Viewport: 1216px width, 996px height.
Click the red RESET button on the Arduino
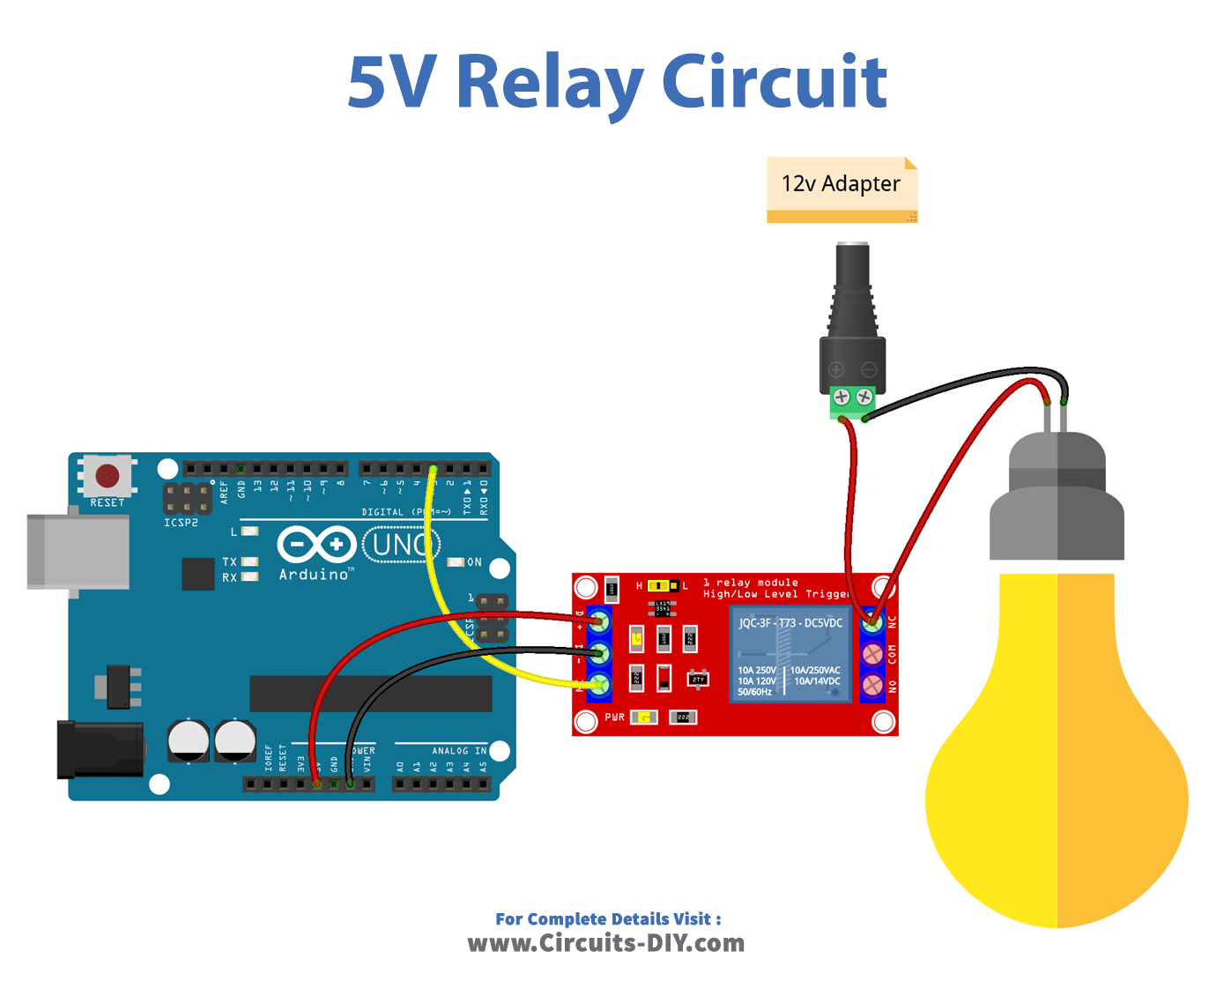coord(108,476)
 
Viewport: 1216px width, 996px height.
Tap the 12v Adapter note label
coord(842,184)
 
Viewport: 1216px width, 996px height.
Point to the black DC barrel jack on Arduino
coord(100,749)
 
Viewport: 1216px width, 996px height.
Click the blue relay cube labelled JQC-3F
coord(790,657)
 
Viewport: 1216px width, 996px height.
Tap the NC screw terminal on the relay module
coord(872,623)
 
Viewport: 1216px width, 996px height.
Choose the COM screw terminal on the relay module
coord(872,654)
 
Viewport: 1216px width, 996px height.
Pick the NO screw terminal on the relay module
coord(872,685)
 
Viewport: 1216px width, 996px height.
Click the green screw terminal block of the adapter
coord(852,401)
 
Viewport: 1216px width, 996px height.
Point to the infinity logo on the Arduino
coord(316,545)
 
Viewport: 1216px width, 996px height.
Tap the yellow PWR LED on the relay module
coord(644,717)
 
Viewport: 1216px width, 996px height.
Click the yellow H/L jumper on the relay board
coord(658,586)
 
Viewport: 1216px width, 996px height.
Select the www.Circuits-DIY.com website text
coord(605,943)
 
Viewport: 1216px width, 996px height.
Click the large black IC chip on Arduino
coord(370,694)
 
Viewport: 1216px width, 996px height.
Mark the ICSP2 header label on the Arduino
coord(181,523)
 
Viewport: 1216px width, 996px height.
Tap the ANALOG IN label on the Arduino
coord(458,751)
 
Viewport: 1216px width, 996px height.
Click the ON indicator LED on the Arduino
coord(456,561)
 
